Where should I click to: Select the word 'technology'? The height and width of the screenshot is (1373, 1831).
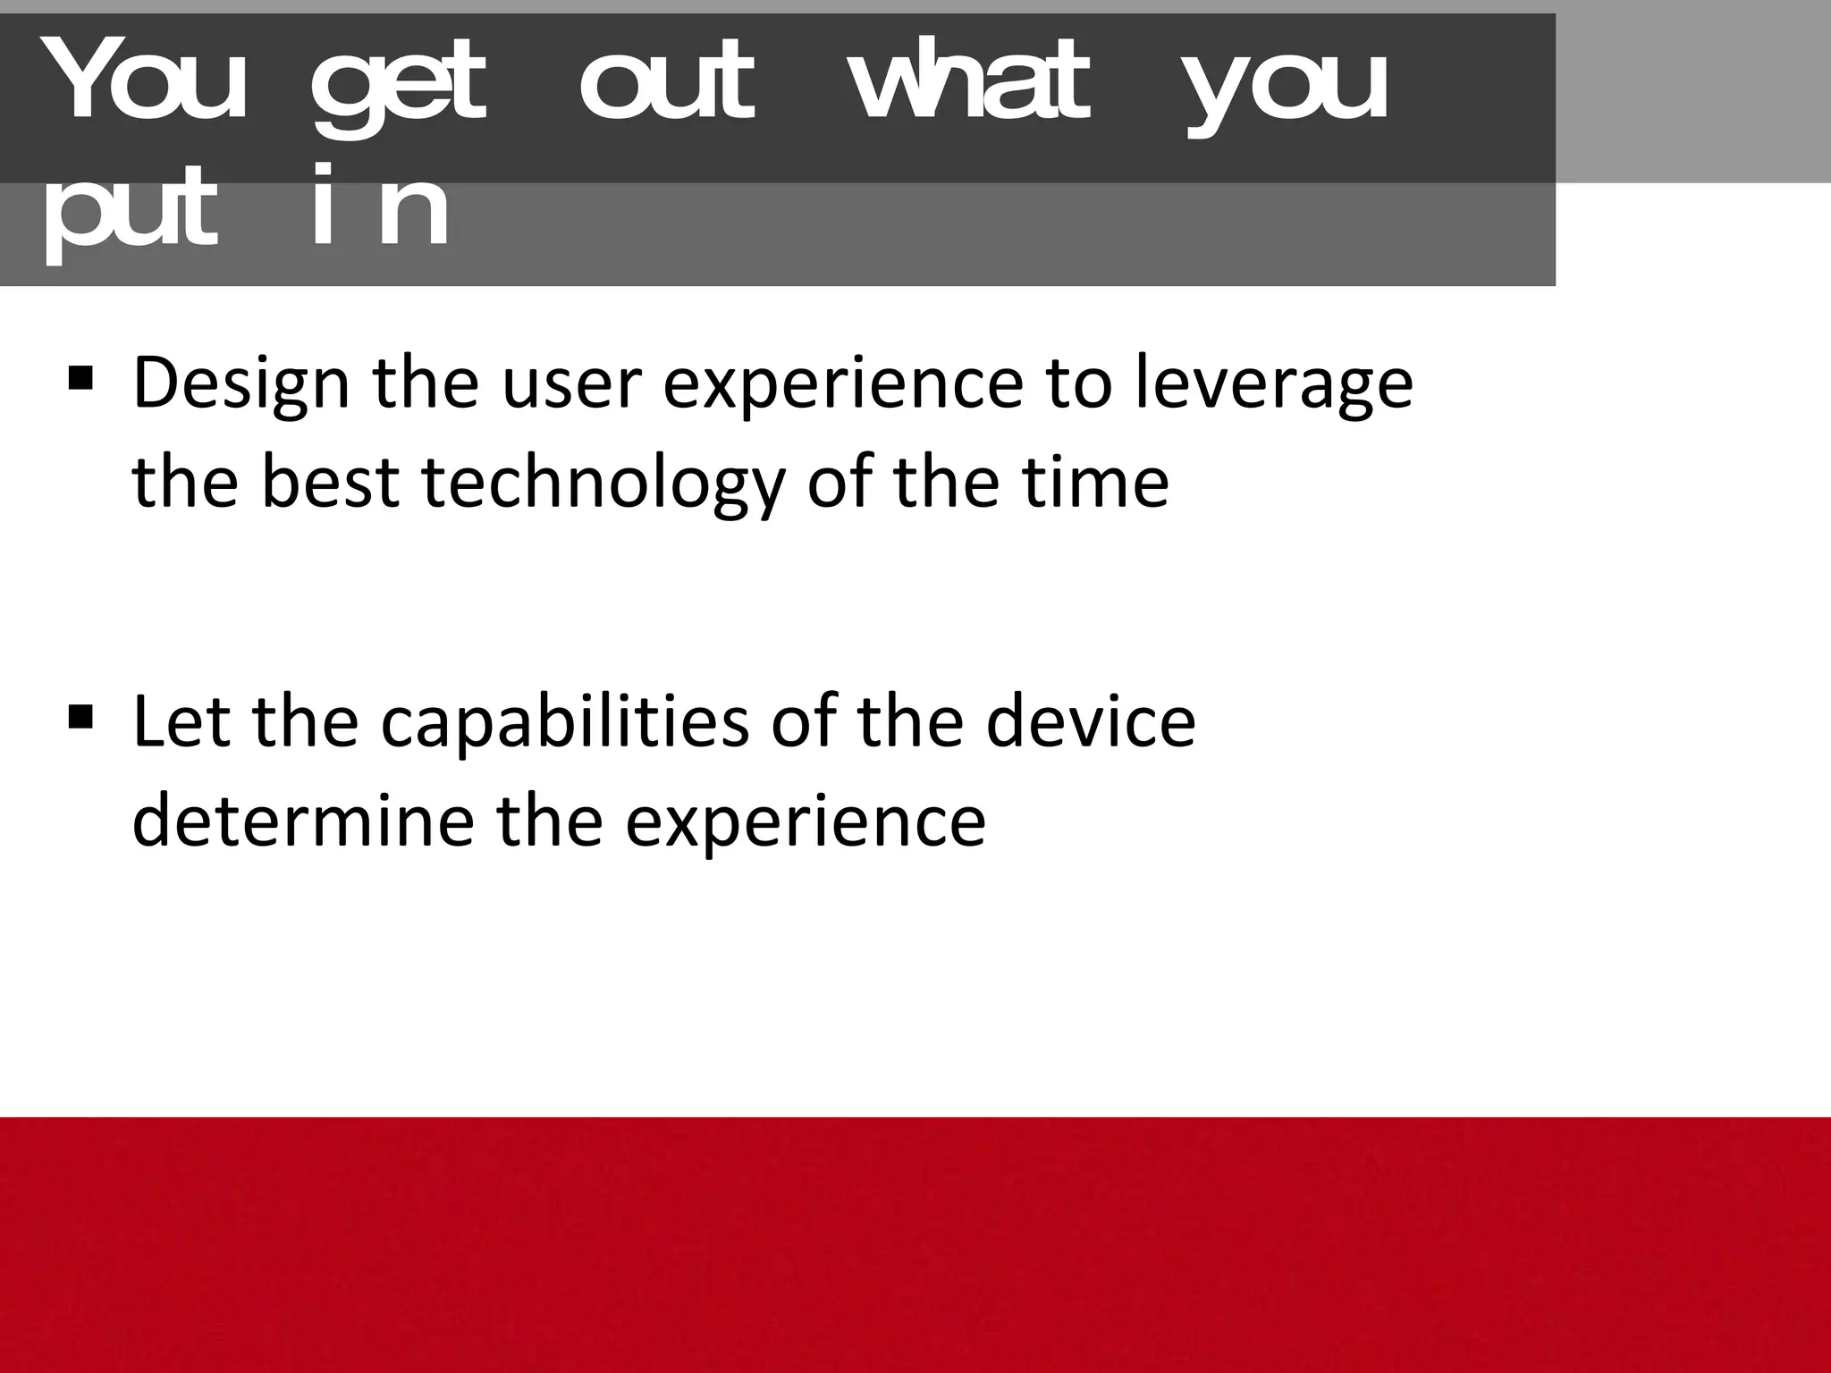coord(602,484)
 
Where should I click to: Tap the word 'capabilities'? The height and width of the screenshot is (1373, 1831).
coord(564,721)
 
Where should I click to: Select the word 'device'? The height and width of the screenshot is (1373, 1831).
coord(1091,721)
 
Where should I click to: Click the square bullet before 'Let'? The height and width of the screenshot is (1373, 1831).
coord(80,716)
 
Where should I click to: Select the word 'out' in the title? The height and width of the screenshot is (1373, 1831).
coord(667,85)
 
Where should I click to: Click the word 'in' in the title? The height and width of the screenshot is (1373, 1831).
coord(380,207)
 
